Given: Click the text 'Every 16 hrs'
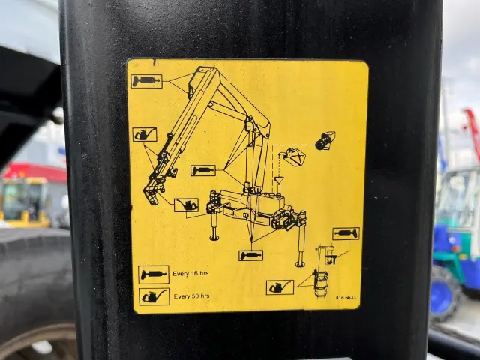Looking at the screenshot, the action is (x=190, y=273).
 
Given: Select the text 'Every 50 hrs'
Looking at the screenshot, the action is (x=192, y=296).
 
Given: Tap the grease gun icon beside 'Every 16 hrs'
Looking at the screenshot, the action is (x=154, y=274).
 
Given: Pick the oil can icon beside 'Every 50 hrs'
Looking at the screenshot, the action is (x=154, y=297).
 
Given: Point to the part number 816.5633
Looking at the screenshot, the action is (x=346, y=298).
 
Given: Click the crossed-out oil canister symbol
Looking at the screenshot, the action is (x=295, y=157).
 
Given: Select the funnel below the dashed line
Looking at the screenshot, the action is (x=278, y=181).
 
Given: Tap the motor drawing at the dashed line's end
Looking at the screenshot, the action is (x=325, y=141).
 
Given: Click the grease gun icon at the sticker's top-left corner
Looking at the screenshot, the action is (x=147, y=81).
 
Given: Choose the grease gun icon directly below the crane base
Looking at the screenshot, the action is (x=251, y=255).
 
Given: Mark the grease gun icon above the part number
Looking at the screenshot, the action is (x=346, y=234).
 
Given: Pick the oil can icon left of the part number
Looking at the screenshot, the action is (x=280, y=287).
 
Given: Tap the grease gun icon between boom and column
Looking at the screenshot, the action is (x=203, y=170).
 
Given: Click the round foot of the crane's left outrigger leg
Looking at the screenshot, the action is (x=214, y=237).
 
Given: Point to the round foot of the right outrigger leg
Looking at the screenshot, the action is (x=300, y=263).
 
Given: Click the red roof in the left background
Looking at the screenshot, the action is (x=34, y=172).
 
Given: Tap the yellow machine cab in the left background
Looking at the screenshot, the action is (x=25, y=200).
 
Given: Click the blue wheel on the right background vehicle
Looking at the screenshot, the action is (x=445, y=294).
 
